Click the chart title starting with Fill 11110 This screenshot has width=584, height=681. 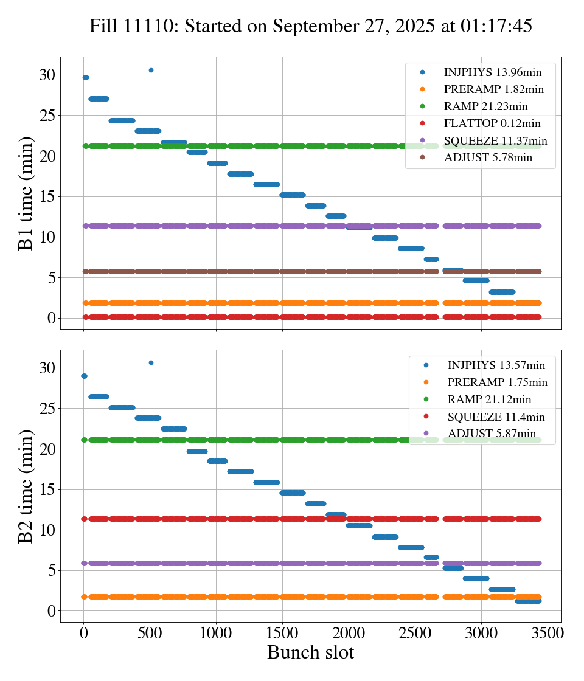click(311, 26)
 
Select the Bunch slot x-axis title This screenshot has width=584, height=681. click(311, 652)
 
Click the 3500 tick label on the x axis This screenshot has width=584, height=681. click(547, 633)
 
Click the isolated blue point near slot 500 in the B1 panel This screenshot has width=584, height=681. click(151, 70)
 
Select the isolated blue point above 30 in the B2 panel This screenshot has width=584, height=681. click(151, 362)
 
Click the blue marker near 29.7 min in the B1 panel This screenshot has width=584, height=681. click(86, 77)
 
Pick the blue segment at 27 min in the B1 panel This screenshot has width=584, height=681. click(99, 99)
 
